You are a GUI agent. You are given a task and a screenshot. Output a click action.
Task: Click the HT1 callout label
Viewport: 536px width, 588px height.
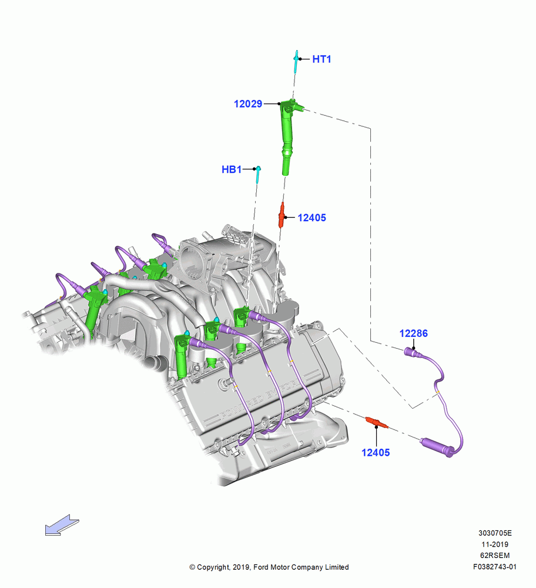pos(321,59)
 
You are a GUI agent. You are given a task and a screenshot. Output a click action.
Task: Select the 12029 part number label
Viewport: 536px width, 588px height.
pos(248,104)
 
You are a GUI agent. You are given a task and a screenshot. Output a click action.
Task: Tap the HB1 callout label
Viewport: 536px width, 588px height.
pos(232,169)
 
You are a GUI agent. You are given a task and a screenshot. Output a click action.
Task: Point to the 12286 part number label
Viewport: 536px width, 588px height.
pos(413,333)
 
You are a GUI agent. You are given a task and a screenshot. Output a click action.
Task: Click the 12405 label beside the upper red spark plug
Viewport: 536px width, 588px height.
pos(312,218)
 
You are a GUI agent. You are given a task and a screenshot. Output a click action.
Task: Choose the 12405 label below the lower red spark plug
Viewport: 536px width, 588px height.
pos(376,453)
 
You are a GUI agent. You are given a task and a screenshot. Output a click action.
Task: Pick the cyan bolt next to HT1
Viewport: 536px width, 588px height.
pos(296,62)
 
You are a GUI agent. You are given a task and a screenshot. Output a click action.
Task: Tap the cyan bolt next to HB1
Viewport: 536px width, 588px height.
pos(258,175)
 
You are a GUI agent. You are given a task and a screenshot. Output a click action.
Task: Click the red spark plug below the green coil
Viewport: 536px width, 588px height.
pos(282,215)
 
